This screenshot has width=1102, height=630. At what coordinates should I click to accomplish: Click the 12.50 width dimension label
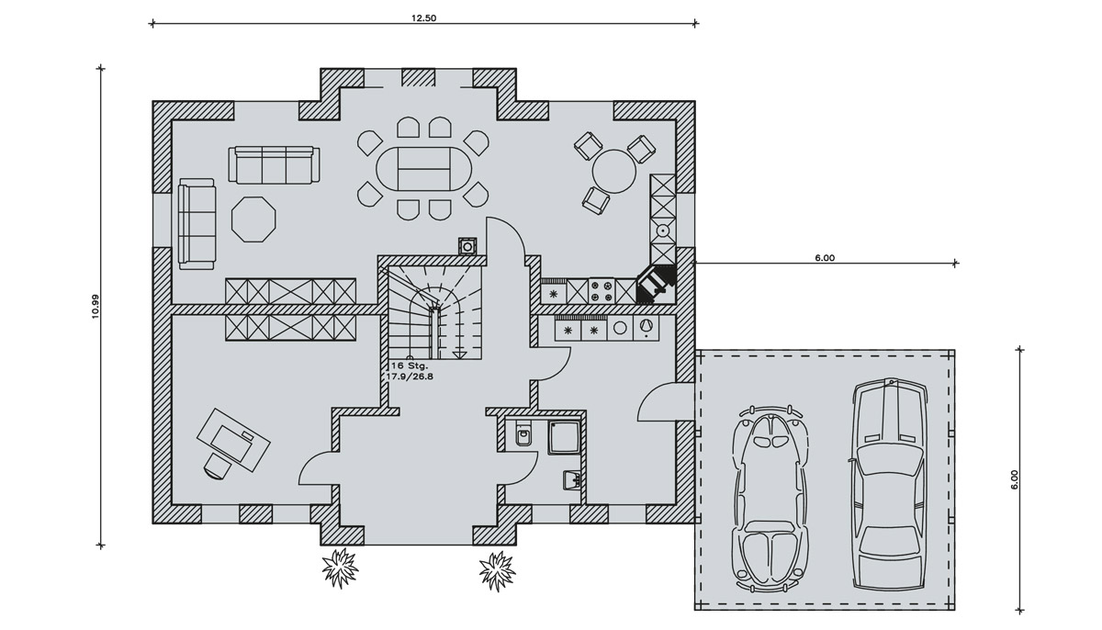tap(423, 18)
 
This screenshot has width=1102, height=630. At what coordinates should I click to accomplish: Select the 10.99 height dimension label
tap(96, 307)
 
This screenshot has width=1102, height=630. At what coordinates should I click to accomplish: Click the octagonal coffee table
tap(253, 219)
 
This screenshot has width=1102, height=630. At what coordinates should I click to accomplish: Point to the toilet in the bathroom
tap(522, 433)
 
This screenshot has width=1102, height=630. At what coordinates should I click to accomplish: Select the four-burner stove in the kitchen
tap(600, 291)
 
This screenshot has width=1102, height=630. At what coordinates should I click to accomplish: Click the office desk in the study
tap(233, 439)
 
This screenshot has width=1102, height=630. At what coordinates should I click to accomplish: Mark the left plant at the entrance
tap(340, 569)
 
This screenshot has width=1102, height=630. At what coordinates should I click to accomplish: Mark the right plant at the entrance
tap(498, 570)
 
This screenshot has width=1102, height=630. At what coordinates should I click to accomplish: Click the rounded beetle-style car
tap(770, 497)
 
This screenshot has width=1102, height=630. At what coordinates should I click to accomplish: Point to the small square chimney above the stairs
tap(467, 246)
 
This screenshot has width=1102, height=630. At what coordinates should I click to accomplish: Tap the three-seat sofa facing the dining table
tap(274, 164)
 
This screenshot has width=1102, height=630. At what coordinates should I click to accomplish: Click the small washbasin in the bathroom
tap(571, 479)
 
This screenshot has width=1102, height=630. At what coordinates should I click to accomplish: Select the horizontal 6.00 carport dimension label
tap(825, 258)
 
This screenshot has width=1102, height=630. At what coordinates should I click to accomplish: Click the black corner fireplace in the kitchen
tap(656, 285)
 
